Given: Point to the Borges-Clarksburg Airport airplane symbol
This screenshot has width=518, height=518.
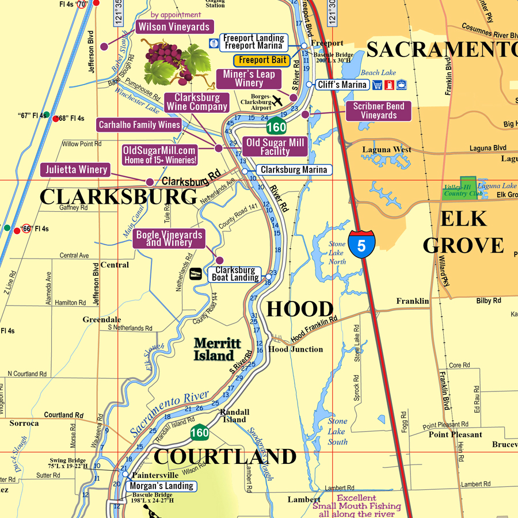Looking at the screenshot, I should tap(277, 101).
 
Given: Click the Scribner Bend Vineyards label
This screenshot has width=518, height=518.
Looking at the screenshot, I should tap(379, 111).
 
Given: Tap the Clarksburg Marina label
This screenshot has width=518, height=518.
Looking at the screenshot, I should tap(294, 170).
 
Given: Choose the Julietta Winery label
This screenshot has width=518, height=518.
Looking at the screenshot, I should tap(75, 170).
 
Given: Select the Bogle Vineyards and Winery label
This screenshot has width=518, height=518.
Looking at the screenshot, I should tap(169, 238).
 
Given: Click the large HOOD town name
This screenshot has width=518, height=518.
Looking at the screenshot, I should tap(299, 310).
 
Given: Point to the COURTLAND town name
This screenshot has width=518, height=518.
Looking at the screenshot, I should tap(225, 456).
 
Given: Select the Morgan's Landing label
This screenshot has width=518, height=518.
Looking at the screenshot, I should tap(161, 486).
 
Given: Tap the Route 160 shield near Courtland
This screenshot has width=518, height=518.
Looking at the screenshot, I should tap(200, 432).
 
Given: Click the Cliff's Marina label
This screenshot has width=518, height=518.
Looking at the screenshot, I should tap(342, 85).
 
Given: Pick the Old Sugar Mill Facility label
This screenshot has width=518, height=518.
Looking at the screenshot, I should tap(275, 147).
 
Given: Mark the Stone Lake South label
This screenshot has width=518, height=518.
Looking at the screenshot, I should tap(338, 431).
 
